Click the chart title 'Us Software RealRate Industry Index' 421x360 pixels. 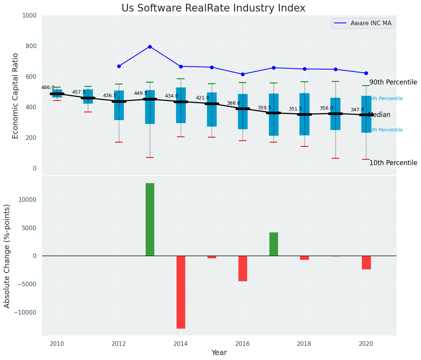point(213,8)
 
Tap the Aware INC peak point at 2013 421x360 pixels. point(150,47)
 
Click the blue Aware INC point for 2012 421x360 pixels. point(119,66)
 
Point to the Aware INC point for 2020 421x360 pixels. point(366,73)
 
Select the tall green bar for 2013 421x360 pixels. point(150,219)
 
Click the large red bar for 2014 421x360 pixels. point(181,292)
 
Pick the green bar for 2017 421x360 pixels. point(274,244)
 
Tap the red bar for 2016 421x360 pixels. point(243,268)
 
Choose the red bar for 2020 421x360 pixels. point(366,263)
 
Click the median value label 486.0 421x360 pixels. point(48,88)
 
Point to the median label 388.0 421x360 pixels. point(233,104)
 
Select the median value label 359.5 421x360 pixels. point(264,108)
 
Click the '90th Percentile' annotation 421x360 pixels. point(393,83)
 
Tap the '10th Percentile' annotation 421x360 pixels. point(393,163)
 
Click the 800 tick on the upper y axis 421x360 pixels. point(31,46)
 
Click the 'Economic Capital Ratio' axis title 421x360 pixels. point(16,96)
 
